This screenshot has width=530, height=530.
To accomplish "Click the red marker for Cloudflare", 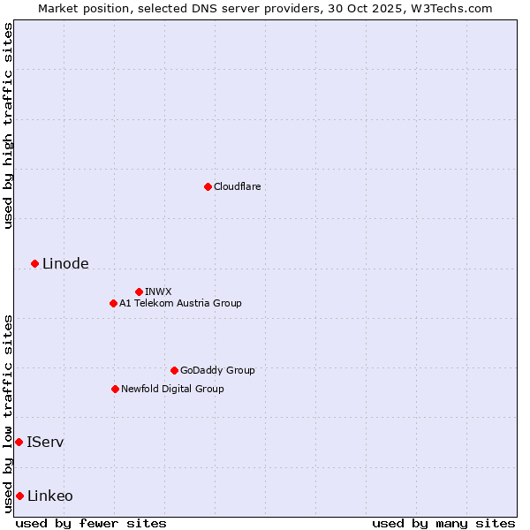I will pyautogui.click(x=208, y=186).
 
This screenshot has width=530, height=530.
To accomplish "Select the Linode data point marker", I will pyautogui.click(x=34, y=263).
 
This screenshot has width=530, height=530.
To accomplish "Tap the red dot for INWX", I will pyautogui.click(x=139, y=291).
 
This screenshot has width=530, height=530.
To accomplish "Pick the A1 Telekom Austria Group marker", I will pyautogui.click(x=113, y=303).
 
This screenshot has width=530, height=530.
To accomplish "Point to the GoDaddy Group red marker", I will pyautogui.click(x=174, y=370).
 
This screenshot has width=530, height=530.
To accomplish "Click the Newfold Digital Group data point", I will pyautogui.click(x=115, y=389).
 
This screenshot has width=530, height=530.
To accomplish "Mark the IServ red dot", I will pyautogui.click(x=19, y=442).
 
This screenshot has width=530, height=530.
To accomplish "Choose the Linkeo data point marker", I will pyautogui.click(x=19, y=496).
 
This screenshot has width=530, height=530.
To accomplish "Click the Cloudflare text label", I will pyautogui.click(x=237, y=186).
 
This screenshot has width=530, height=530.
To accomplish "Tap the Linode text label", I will pyautogui.click(x=65, y=264).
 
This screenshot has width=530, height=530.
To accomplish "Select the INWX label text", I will pyautogui.click(x=158, y=291).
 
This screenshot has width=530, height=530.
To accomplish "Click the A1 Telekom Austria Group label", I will pyautogui.click(x=180, y=303).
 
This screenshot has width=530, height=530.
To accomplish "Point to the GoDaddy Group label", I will pyautogui.click(x=217, y=370).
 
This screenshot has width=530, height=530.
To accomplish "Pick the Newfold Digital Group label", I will pyautogui.click(x=172, y=389).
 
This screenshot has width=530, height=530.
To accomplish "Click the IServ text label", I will pyautogui.click(x=45, y=442).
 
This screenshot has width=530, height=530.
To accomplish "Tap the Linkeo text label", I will pyautogui.click(x=50, y=496).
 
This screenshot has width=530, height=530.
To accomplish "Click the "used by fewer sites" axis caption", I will pyautogui.click(x=91, y=523).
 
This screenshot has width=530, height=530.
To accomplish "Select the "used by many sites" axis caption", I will pyautogui.click(x=443, y=523).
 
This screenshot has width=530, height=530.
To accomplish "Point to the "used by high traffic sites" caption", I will pyautogui.click(x=8, y=125).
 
